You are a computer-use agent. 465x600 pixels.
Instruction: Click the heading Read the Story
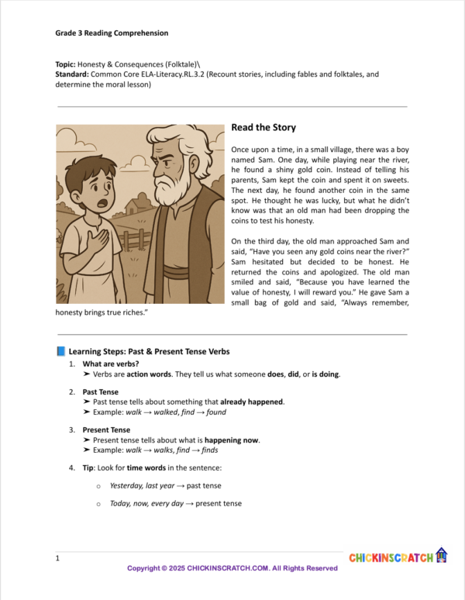click(x=263, y=128)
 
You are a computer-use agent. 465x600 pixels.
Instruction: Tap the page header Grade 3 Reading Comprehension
click(x=112, y=33)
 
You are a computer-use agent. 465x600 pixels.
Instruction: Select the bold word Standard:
click(x=72, y=74)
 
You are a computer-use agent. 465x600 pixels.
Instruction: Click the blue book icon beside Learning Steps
click(x=61, y=352)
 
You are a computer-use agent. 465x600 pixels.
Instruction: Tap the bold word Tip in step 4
click(x=88, y=468)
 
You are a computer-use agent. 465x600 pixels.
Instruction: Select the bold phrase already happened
click(x=252, y=402)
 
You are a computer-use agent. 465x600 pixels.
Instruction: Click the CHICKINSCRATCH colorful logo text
click(x=391, y=557)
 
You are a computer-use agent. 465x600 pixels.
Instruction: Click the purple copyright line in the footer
click(x=232, y=568)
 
